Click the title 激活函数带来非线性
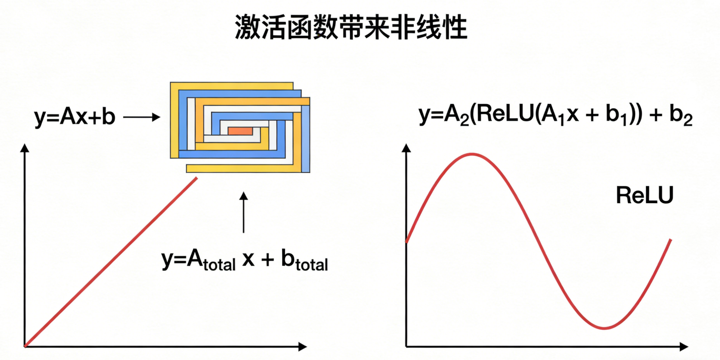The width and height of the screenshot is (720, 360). coord(351,27)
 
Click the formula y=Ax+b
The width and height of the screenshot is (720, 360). coord(75,117)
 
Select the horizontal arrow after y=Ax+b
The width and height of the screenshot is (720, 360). coord(142,117)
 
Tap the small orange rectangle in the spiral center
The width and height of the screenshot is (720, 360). coord(240,131)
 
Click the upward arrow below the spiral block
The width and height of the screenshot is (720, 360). coord(243,212)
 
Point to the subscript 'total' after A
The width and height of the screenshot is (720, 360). coord(219,264)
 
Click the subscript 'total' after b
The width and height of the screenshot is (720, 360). coord(312,264)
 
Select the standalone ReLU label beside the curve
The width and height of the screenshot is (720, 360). coord(644,196)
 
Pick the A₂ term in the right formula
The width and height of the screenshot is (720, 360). coord(457,115)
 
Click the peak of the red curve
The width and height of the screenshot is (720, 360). coord(472,154)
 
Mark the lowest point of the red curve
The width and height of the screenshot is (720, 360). coord(604,328)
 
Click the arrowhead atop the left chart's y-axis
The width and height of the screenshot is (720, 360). coord(25,148)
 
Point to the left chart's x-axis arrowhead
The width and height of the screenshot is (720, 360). coord(303,346)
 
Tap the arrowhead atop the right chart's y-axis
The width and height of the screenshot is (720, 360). coord(406,148)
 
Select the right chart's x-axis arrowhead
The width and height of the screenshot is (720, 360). coord(684,346)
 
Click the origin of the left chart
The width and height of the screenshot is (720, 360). coord(25,346)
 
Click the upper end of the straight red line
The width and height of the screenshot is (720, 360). coord(197,178)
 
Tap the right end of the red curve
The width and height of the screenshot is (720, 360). coord(671,240)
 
